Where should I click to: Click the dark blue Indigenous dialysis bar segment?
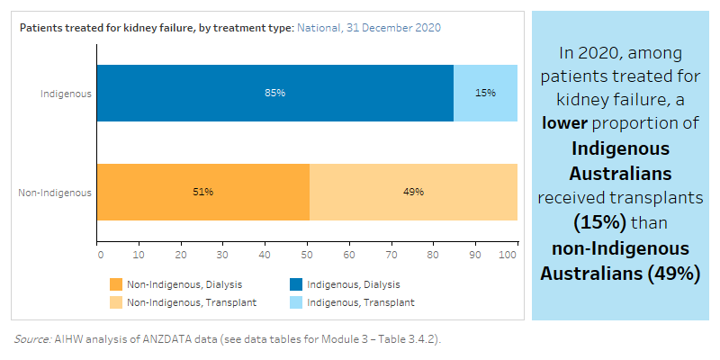tap(274, 94)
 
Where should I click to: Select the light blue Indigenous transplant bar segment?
tap(485, 94)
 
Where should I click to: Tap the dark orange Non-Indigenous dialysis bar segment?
tap(203, 192)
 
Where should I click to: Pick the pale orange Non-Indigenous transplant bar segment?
tap(413, 192)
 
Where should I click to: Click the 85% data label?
tap(274, 94)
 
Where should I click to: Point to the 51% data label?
tap(203, 192)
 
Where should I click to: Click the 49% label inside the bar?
tap(413, 192)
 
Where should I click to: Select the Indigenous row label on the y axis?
tap(66, 94)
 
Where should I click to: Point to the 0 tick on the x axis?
tap(99, 256)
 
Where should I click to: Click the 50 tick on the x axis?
tap(308, 256)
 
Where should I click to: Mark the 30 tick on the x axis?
tap(224, 256)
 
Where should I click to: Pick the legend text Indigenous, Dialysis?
tap(354, 284)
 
